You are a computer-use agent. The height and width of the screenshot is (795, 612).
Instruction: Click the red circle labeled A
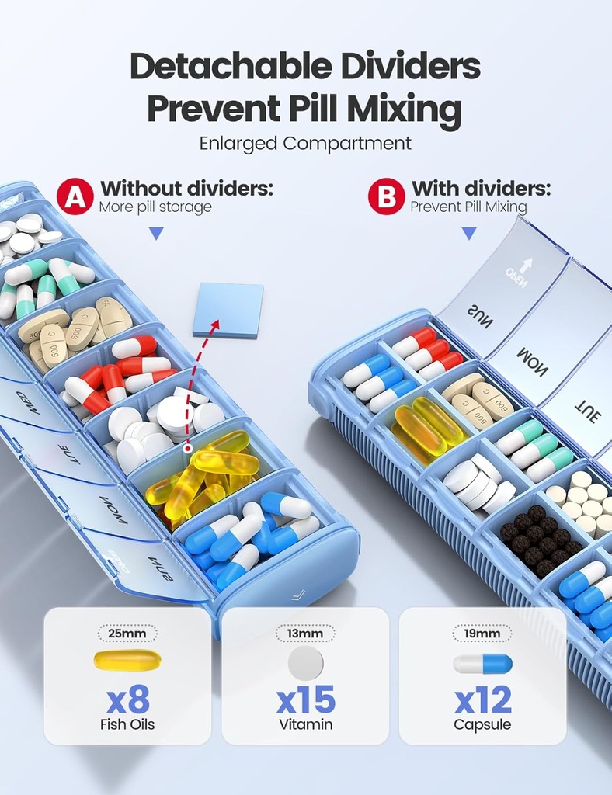[x=75, y=196]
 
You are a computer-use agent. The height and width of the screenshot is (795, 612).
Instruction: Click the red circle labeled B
[x=386, y=196]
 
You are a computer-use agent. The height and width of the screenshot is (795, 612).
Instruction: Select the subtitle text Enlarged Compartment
[x=305, y=144]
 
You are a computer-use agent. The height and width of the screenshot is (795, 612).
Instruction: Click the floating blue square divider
[x=228, y=309]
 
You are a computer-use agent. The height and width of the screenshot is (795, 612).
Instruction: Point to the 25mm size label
[x=127, y=634]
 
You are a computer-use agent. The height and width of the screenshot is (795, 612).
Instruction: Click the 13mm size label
[x=305, y=634]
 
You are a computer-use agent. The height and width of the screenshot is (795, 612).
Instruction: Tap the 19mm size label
[x=482, y=634]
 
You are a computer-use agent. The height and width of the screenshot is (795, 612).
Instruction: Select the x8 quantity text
[x=127, y=700]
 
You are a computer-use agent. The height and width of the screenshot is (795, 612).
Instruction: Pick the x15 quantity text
[x=305, y=700]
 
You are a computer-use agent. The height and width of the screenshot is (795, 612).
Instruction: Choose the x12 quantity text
[x=482, y=700]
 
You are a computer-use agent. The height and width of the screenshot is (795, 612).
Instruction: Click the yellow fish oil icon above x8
[x=127, y=661]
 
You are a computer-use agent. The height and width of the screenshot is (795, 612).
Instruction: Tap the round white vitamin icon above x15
[x=305, y=663]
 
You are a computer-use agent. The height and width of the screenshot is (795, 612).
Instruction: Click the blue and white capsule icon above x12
[x=482, y=663]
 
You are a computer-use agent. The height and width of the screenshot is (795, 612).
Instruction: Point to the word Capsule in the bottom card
[x=482, y=725]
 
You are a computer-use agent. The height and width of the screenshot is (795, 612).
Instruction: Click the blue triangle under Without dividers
[x=156, y=233]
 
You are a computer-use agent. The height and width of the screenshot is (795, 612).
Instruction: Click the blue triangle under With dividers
[x=468, y=233]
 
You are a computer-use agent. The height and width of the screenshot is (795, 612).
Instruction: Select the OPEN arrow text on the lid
[x=519, y=269]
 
